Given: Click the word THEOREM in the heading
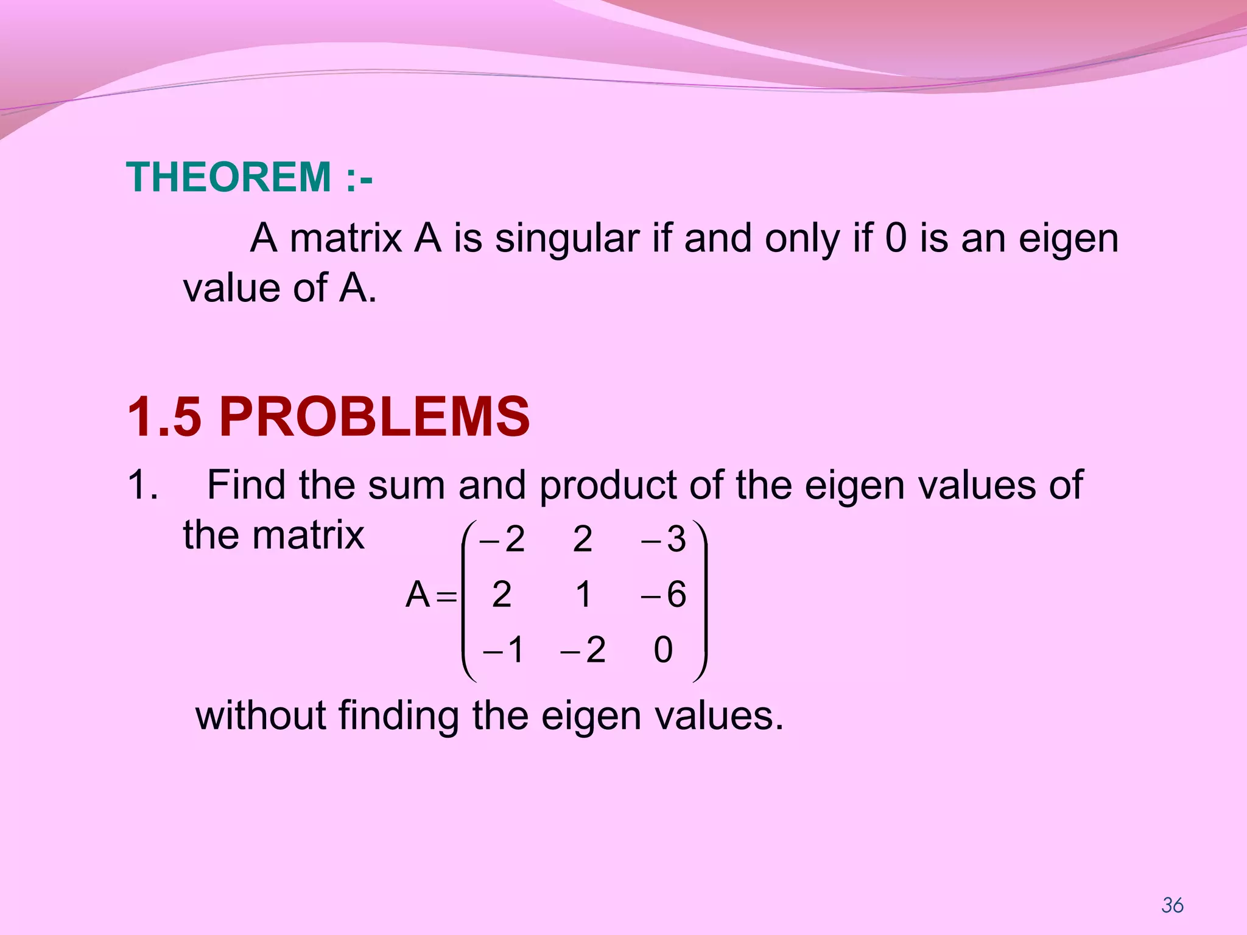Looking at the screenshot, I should (x=229, y=177).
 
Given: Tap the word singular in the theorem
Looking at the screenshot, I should (x=567, y=238).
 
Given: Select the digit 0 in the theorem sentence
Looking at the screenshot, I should (x=896, y=238).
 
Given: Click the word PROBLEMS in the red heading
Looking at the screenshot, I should (x=374, y=417).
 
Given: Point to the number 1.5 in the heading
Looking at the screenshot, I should (x=164, y=417).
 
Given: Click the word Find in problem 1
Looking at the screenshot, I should (x=246, y=485).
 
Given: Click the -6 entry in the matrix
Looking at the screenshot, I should (x=663, y=594).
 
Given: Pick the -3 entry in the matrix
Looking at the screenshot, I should (x=663, y=539).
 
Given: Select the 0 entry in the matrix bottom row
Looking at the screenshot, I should (x=663, y=650).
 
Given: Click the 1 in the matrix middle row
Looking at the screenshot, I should (x=583, y=594).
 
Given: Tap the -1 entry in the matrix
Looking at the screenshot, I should (x=503, y=650).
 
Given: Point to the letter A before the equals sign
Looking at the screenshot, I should (x=418, y=594).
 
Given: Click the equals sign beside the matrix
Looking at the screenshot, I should (x=446, y=597).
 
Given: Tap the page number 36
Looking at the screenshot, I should (x=1172, y=905).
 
